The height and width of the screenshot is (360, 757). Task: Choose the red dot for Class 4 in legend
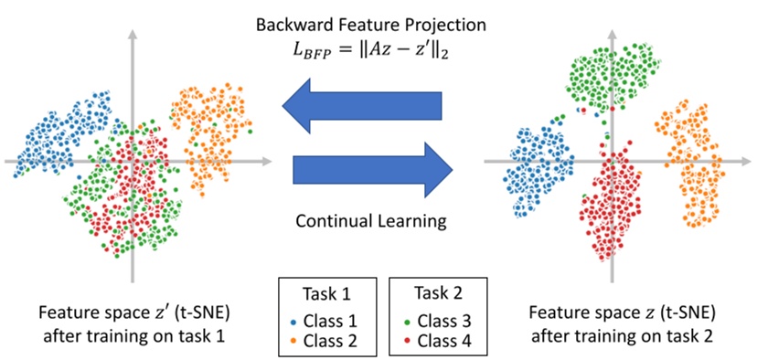[x=404, y=343]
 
